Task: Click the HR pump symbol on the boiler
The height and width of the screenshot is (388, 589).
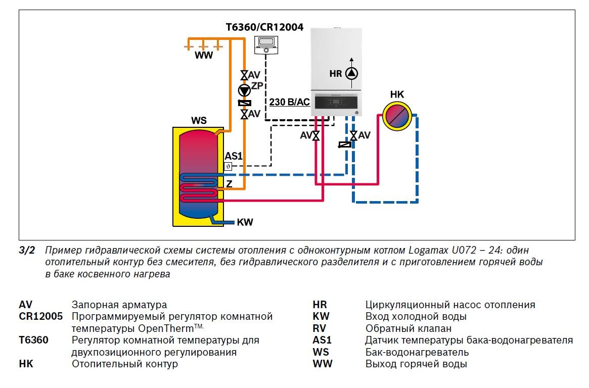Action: pos(351,74)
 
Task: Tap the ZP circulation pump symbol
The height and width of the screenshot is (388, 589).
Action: pos(244,90)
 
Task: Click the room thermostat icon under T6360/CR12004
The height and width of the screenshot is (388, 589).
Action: pos(266,44)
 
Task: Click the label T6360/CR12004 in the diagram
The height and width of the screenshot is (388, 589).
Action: pos(264,27)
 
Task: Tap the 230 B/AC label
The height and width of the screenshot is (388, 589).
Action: pos(289,102)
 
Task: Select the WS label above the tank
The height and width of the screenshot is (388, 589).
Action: pos(199,121)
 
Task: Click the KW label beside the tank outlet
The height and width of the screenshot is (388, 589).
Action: pos(245,222)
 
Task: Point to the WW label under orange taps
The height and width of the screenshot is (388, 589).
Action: pos(204,56)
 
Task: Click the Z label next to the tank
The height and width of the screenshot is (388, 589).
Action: pos(229,184)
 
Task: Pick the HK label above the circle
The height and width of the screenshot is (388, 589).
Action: pos(397,94)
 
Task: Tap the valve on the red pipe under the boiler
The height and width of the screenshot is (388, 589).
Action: pos(316,135)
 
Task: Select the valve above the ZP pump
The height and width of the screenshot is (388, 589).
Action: pos(244,75)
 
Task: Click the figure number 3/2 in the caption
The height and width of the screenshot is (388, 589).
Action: pos(27,250)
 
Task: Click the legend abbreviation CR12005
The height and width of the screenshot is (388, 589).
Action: pos(41,317)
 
